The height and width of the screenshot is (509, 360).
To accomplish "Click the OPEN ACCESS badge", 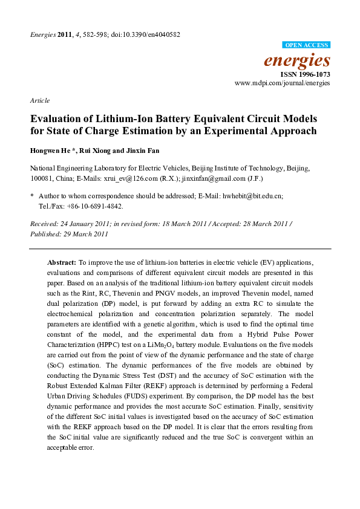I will tap(307, 45).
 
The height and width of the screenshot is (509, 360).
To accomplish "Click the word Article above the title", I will tap(39, 100).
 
